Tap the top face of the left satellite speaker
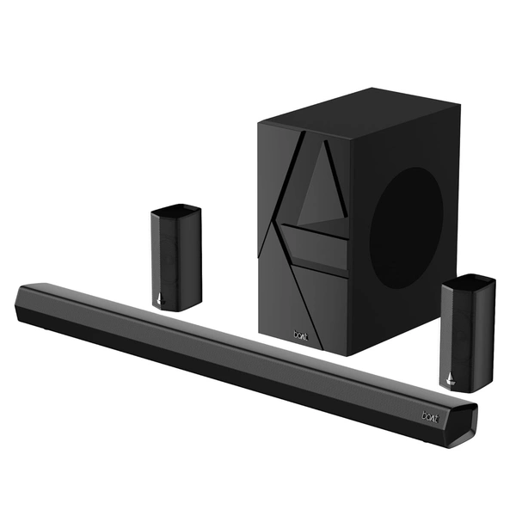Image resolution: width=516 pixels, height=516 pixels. [177, 209]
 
